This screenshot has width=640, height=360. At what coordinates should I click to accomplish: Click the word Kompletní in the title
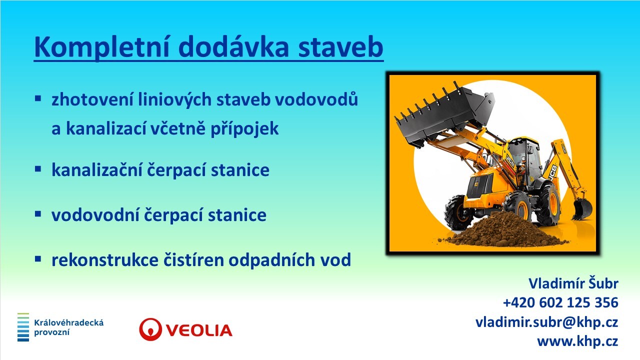[102, 47]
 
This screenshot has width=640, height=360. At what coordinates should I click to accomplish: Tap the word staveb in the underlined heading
[340, 47]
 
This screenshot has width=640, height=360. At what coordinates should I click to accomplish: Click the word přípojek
[244, 129]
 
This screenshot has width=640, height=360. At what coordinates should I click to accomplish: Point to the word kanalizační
[97, 169]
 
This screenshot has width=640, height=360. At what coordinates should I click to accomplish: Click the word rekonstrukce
[105, 260]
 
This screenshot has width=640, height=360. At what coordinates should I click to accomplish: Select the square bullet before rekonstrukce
[38, 259]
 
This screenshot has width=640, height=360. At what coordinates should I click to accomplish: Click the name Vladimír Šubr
[573, 283]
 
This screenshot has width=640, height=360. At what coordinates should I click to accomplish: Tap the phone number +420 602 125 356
[560, 302]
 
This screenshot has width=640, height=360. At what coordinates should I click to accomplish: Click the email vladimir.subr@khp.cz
[547, 322]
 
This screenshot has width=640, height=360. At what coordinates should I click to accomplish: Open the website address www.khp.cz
[577, 341]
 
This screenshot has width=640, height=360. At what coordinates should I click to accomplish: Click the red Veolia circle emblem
[150, 329]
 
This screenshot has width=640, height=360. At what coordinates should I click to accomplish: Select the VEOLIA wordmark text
[199, 330]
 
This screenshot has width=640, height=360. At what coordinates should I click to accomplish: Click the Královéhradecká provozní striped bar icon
[23, 327]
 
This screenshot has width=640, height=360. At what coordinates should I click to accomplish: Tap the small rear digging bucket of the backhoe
[582, 208]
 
